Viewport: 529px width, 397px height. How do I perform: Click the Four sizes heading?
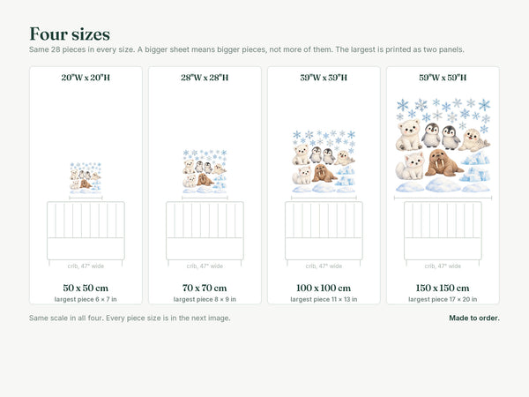point(70,34)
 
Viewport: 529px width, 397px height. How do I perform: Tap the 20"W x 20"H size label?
point(86,78)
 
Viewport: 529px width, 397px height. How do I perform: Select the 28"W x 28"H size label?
point(205,78)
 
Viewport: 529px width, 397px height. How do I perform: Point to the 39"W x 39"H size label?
point(324,78)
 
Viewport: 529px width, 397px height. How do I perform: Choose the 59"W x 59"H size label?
point(443,78)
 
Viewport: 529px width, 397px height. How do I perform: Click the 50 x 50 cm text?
point(86,288)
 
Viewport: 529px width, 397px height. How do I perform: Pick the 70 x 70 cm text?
point(205,288)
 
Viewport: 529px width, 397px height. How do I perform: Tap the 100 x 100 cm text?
point(324,288)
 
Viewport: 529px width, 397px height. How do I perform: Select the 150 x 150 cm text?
point(443,288)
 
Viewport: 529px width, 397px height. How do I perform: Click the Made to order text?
point(474,318)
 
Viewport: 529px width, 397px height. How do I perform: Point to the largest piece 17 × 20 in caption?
point(443,299)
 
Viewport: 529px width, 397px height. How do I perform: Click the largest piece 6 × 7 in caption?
point(86,299)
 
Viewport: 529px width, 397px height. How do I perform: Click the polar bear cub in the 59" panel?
point(408,135)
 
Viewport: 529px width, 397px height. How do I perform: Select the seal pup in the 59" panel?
point(474,139)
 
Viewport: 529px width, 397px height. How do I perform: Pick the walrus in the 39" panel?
point(324,173)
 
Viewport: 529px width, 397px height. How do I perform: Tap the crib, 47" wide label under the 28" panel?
point(205,266)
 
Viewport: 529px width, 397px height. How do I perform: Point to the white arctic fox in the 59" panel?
point(410,166)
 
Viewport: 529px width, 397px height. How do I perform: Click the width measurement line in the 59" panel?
point(443,198)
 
